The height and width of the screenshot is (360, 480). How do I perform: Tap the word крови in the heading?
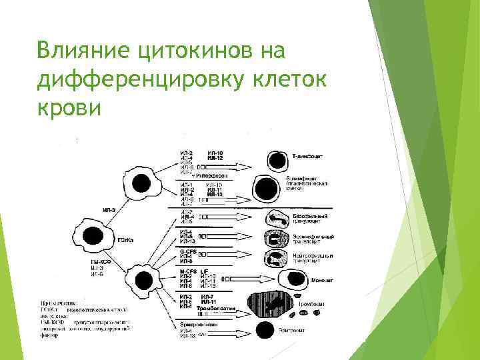point(70,107)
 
